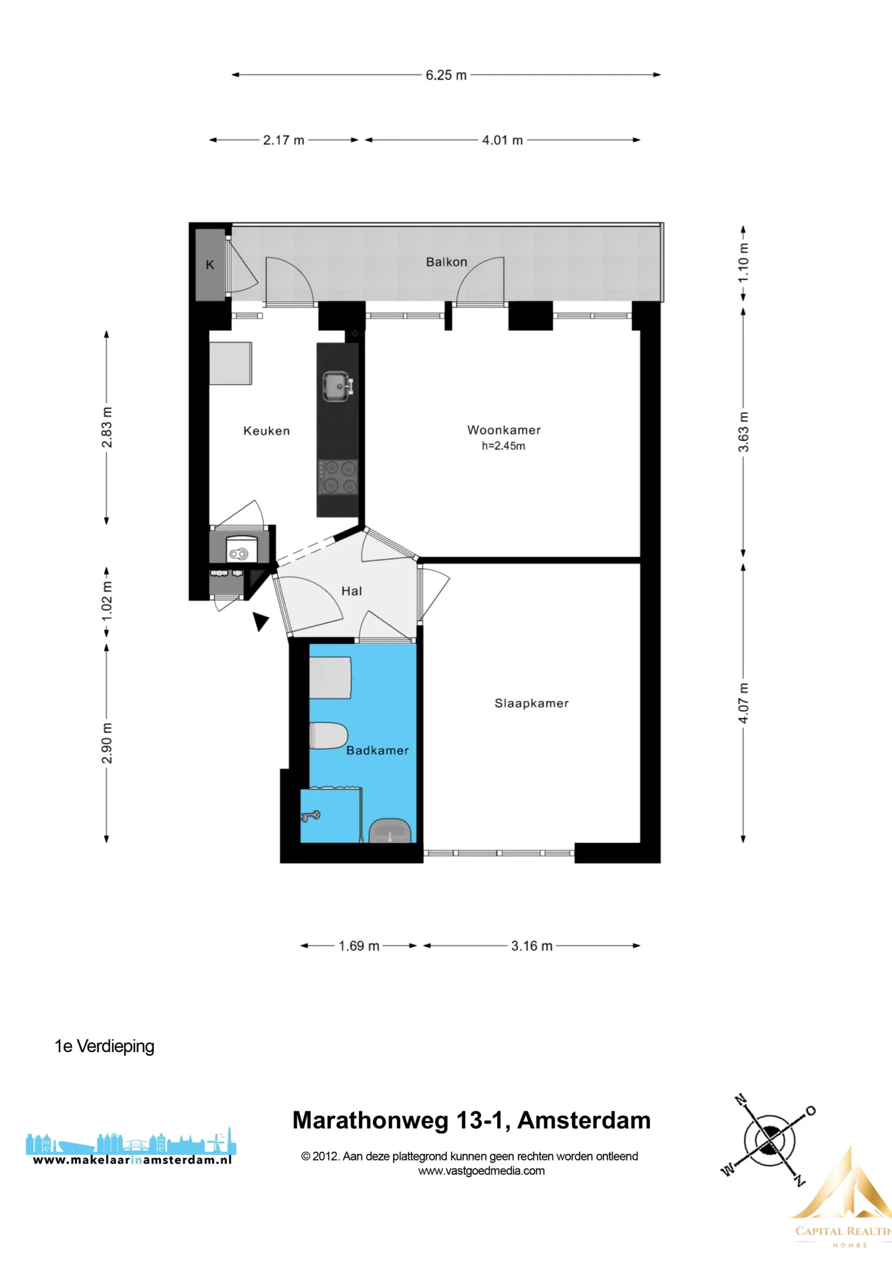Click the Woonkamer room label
pyautogui.click(x=504, y=430)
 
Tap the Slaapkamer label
pyautogui.click(x=531, y=703)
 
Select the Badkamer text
pyautogui.click(x=377, y=750)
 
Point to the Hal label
pyautogui.click(x=352, y=591)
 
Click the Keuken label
pyautogui.click(x=267, y=431)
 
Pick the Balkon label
pyautogui.click(x=447, y=262)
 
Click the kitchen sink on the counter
pyautogui.click(x=338, y=387)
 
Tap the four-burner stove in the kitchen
pyautogui.click(x=338, y=477)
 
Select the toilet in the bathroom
pyautogui.click(x=329, y=735)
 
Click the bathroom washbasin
pyautogui.click(x=390, y=831)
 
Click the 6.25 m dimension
pyautogui.click(x=446, y=75)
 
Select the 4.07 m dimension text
pyautogui.click(x=743, y=703)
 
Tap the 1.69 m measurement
pyautogui.click(x=359, y=946)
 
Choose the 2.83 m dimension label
pyautogui.click(x=106, y=427)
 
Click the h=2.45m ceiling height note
pyautogui.click(x=504, y=446)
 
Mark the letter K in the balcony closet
pyautogui.click(x=210, y=265)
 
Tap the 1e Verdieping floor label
pyautogui.click(x=104, y=1046)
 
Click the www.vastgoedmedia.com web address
pyautogui.click(x=481, y=1170)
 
